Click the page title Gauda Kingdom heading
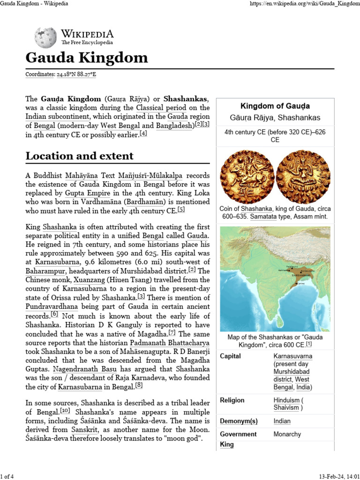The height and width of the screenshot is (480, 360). click(86, 58)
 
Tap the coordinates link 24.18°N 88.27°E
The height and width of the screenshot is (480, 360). click(77, 74)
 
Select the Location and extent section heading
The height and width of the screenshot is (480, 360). click(79, 156)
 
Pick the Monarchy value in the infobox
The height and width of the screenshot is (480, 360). click(287, 434)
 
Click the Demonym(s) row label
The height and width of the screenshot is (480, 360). click(239, 421)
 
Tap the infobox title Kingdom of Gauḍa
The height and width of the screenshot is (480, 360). click(275, 106)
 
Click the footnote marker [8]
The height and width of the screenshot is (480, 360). click(139, 386)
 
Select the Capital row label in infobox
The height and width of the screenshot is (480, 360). click(231, 356)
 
